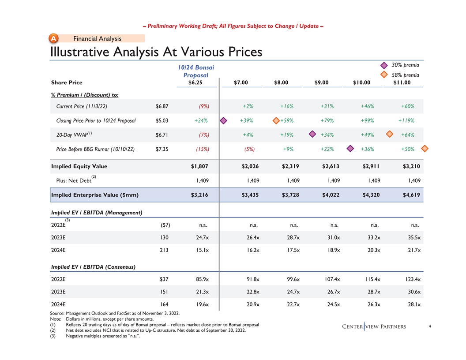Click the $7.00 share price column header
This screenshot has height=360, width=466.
tap(241, 82)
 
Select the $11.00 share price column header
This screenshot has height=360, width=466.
tap(402, 82)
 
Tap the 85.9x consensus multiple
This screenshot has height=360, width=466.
tap(201, 279)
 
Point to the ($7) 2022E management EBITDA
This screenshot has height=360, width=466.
tap(165, 225)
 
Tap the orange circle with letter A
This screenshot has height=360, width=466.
tap(53, 39)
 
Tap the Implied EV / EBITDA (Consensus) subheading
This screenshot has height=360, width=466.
tap(93, 267)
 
